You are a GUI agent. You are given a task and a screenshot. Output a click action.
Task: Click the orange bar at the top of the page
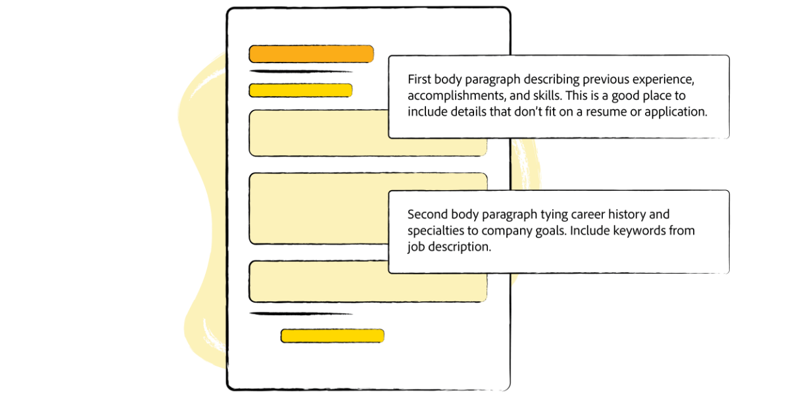(x=311, y=54)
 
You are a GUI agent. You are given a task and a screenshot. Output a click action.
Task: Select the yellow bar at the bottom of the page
(x=332, y=336)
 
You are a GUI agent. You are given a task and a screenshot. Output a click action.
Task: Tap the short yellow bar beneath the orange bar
(x=300, y=90)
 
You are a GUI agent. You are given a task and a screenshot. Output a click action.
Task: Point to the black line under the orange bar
(x=301, y=71)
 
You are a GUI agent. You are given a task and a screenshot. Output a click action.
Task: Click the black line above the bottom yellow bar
(x=301, y=314)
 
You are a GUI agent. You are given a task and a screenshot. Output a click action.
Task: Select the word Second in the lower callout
(x=427, y=214)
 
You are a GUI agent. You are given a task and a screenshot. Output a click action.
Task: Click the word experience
(x=663, y=80)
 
